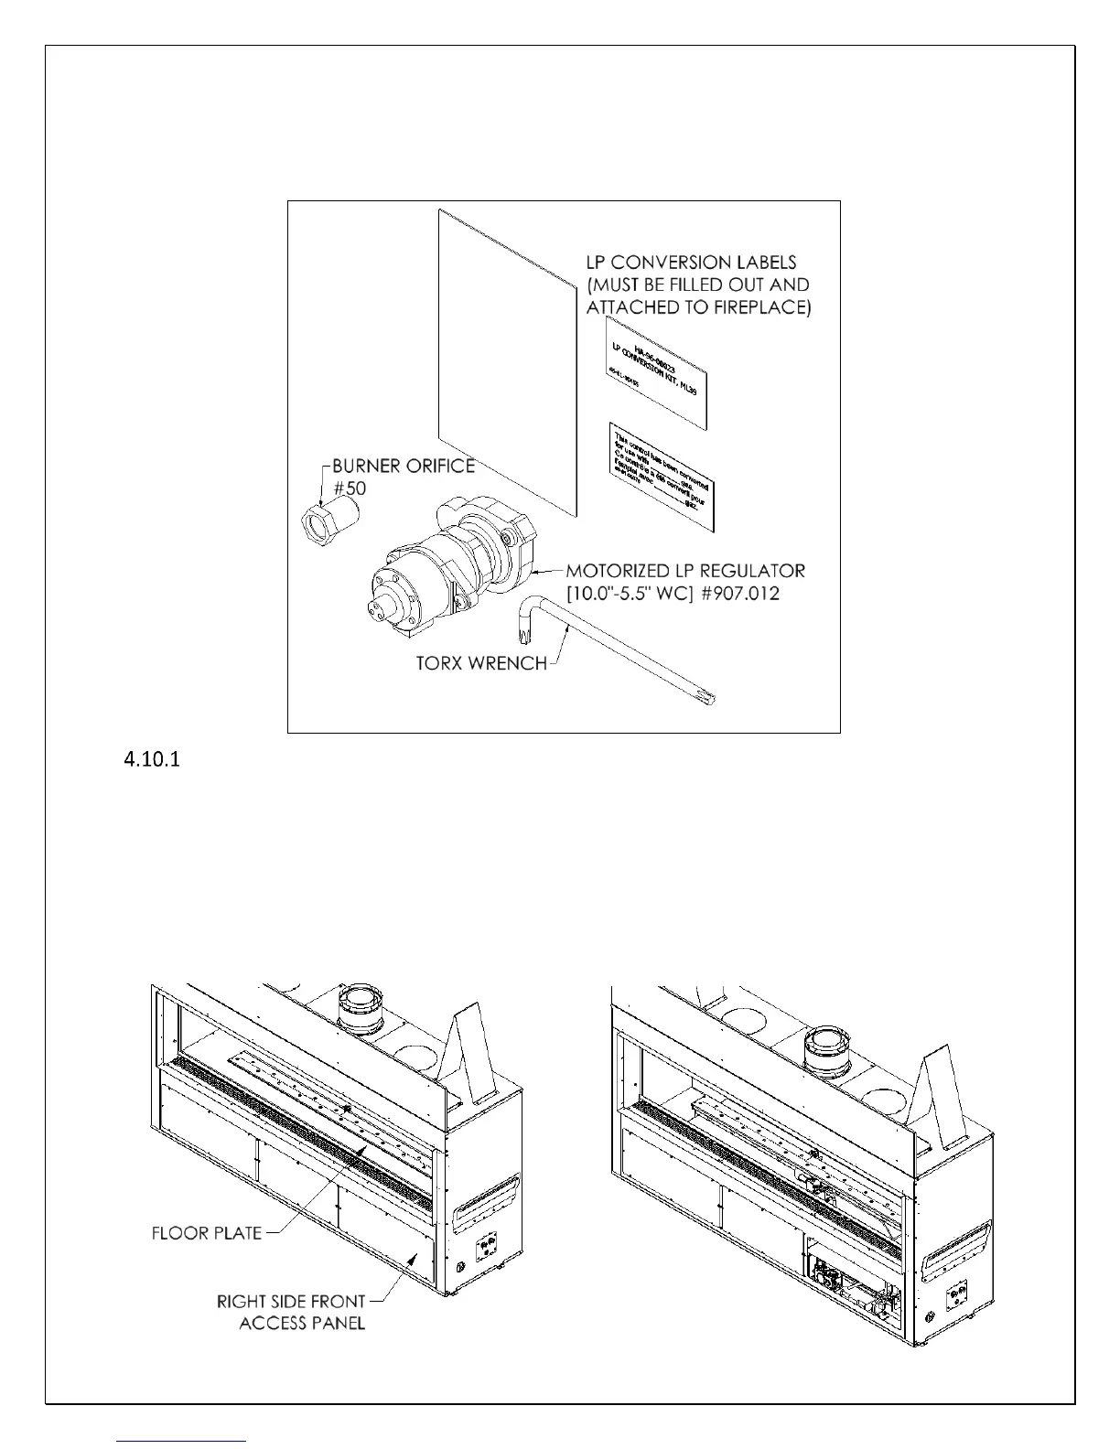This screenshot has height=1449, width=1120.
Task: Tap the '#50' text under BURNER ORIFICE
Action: [x=349, y=488]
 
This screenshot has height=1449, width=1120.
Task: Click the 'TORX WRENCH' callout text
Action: [x=481, y=663]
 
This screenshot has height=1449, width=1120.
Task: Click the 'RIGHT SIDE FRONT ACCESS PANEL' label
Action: [x=291, y=1312]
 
